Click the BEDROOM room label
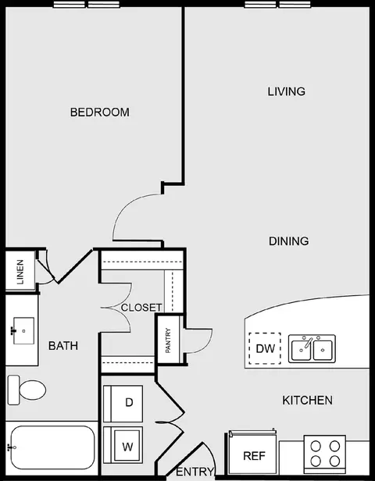coord(100,112)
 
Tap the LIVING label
coord(286,91)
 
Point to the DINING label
coord(289,241)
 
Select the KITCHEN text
coord(307,401)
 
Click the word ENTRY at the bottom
coord(195,472)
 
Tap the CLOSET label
coord(141,308)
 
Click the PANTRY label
coord(168,340)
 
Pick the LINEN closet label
coord(20,272)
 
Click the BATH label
coord(63,346)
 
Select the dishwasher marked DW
coord(265,348)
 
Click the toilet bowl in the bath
coord(32,390)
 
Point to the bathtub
coord(53,447)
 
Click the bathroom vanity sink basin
coord(23,331)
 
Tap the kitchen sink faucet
coord(308,343)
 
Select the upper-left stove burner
coord(316,447)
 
